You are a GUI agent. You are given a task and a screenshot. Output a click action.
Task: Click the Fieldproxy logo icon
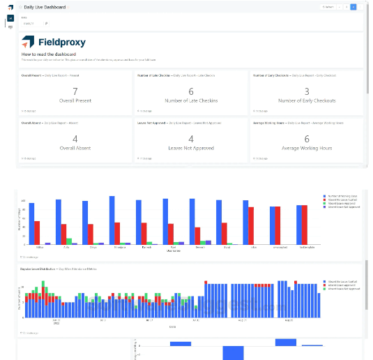click(27, 42)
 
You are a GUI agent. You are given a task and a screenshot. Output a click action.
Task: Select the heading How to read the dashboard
click(48, 54)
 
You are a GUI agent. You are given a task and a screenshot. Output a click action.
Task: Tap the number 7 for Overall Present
click(75, 91)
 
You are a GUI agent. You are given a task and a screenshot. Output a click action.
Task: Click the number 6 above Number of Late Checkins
click(191, 91)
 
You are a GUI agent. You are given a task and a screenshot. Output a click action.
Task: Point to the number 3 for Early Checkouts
click(307, 91)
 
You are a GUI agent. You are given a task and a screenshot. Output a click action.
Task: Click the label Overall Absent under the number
click(75, 149)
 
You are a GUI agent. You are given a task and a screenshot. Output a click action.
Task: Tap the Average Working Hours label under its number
click(307, 149)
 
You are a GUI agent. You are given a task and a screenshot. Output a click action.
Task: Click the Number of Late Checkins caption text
click(191, 100)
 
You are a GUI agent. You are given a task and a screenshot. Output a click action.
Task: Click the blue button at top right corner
click(355, 7)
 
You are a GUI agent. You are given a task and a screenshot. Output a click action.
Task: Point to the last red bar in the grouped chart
click(304, 225)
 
